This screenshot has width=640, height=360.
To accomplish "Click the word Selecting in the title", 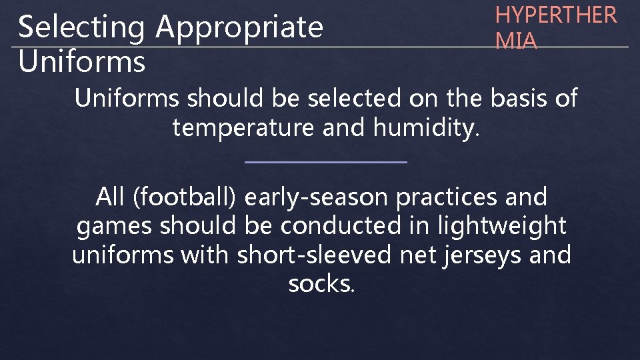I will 82,28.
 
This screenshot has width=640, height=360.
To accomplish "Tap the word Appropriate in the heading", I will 239,28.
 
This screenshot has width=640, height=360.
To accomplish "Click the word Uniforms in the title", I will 82,61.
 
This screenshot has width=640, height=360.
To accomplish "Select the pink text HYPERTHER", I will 556,15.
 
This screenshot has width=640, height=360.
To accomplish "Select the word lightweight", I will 501,226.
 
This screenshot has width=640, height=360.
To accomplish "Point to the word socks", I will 321,283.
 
